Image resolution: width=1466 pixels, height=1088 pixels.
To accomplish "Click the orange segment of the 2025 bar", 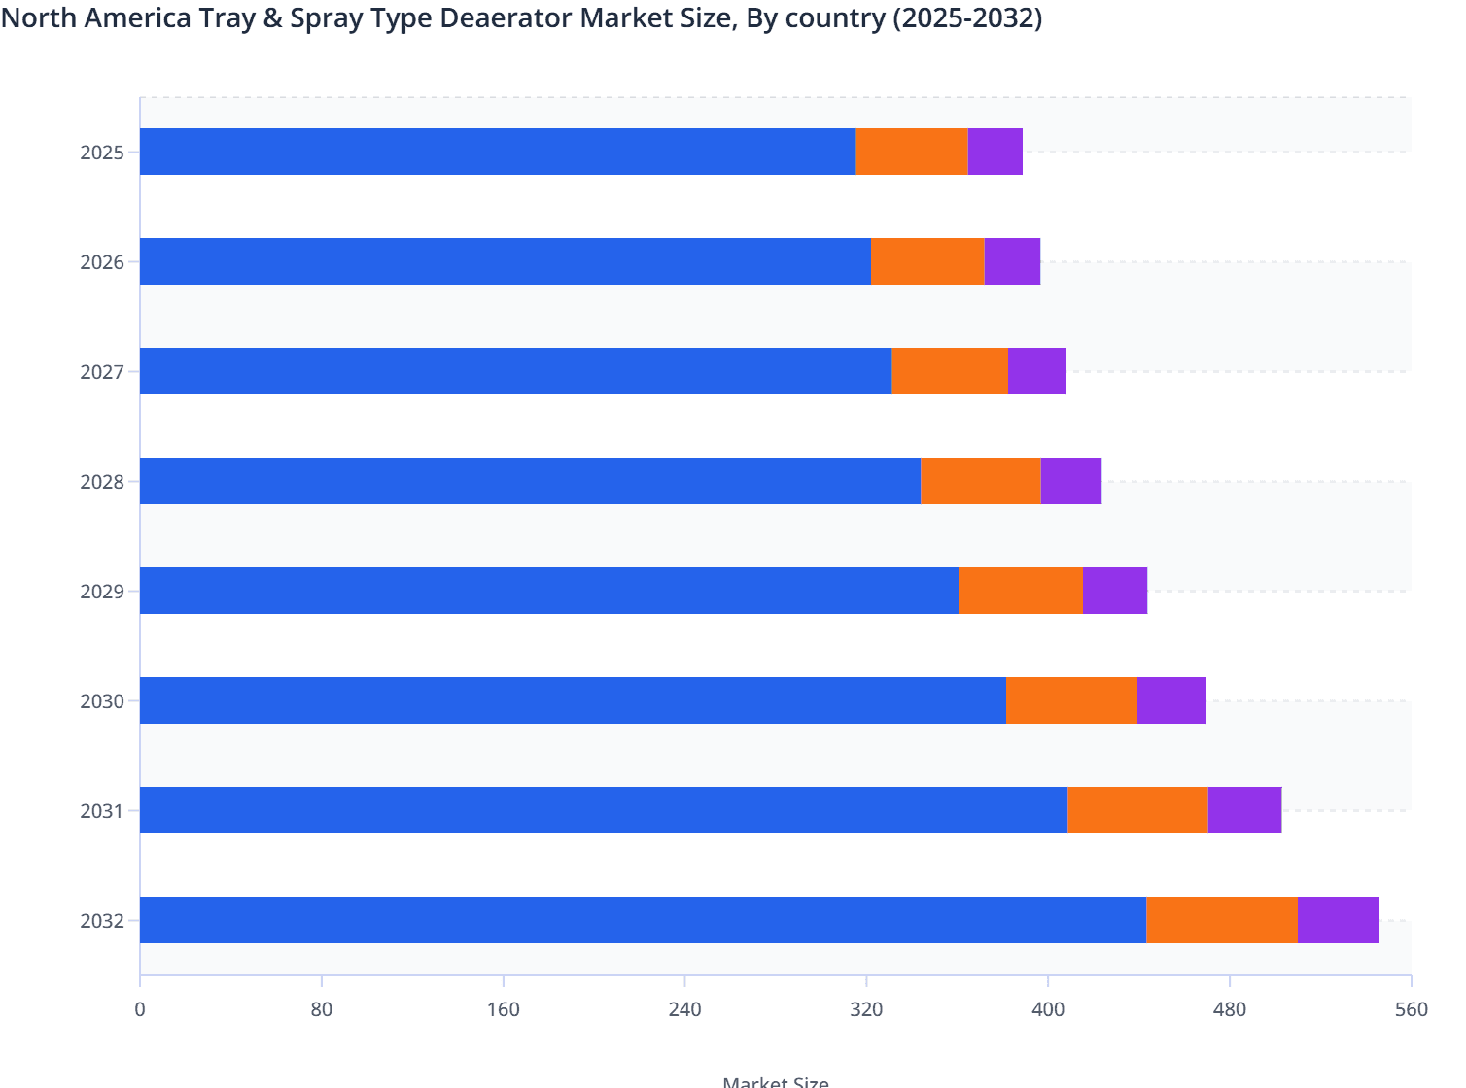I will point(912,152).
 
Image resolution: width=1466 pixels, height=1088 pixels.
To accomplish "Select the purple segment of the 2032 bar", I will point(1338,920).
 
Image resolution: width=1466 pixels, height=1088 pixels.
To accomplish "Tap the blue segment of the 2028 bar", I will point(530,481).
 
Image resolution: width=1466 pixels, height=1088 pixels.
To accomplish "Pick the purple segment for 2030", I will point(1171,700).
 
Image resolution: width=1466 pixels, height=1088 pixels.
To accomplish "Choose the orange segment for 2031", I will point(1137,810).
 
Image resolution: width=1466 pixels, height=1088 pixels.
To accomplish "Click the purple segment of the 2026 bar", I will point(1012,261).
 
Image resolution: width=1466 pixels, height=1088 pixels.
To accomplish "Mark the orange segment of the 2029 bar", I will point(1020,591).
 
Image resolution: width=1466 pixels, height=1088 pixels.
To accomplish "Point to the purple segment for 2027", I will point(1037,371).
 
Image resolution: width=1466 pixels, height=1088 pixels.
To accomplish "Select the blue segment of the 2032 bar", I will point(643,920).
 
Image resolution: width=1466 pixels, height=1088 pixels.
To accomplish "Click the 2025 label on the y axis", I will point(101,153).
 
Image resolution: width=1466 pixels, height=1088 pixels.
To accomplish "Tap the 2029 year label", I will point(101,592).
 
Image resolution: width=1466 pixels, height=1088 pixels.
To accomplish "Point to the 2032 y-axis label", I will point(101,921).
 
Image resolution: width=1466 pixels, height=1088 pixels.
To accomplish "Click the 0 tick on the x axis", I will point(140,1009).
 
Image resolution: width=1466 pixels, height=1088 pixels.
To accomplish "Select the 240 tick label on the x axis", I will point(684,1009).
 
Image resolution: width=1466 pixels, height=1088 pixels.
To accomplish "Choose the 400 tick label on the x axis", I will point(1048,1009).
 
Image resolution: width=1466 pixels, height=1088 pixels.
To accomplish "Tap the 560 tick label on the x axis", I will point(1411,1009).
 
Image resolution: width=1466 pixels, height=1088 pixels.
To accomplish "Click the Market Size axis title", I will point(775,1081).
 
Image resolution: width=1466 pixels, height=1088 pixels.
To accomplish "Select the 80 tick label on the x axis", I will point(322,1009).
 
